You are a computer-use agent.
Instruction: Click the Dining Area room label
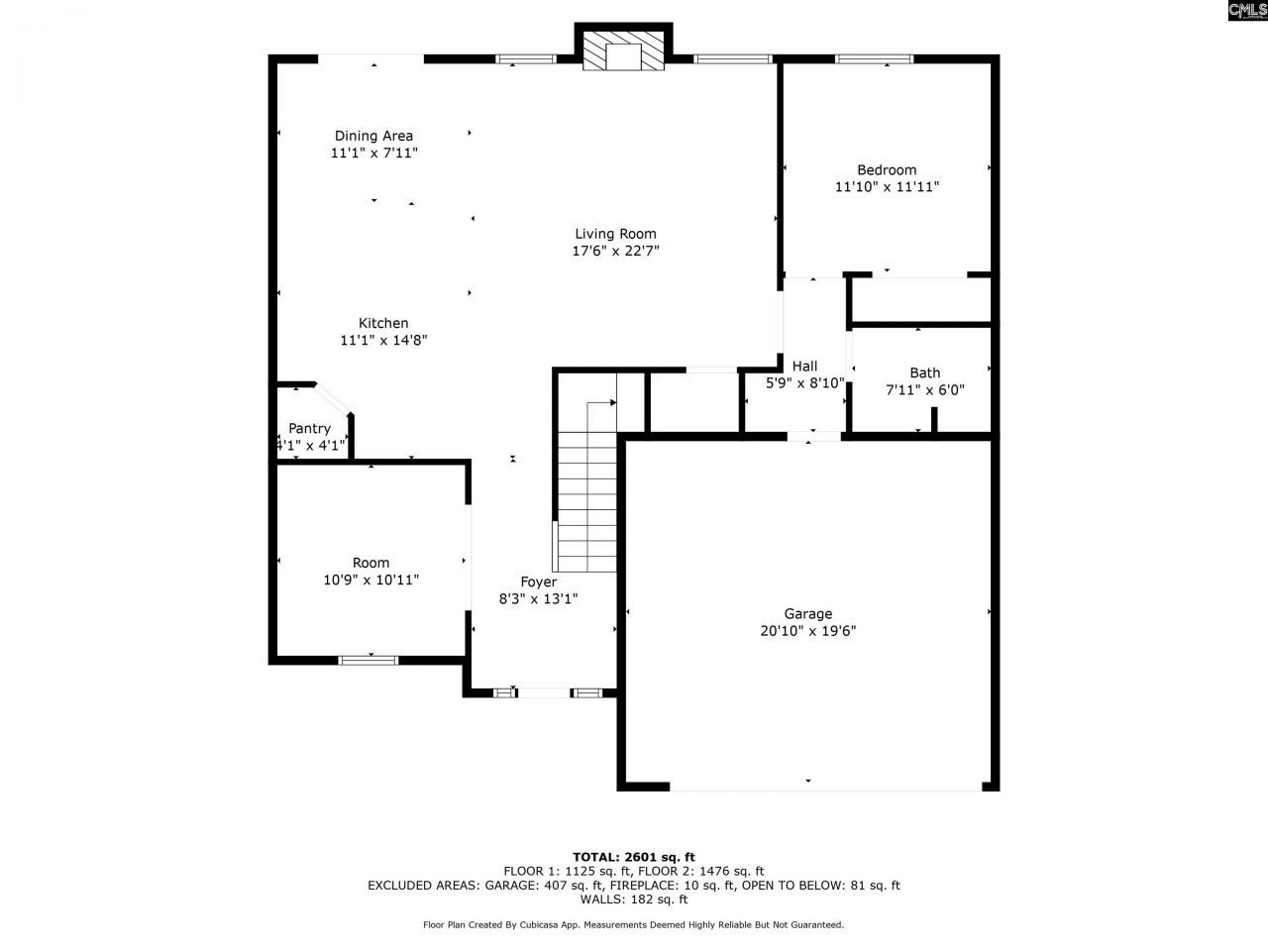click(373, 136)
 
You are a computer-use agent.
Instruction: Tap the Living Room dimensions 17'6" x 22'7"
click(615, 252)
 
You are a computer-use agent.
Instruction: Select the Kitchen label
click(383, 323)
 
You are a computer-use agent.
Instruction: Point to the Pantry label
click(309, 428)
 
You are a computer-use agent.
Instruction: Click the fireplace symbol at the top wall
click(623, 52)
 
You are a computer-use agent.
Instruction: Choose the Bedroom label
click(887, 169)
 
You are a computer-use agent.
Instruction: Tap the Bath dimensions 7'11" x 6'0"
click(924, 390)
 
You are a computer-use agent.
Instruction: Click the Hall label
click(804, 366)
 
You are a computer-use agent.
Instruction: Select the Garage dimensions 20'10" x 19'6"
click(808, 631)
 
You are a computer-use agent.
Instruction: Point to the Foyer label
click(539, 581)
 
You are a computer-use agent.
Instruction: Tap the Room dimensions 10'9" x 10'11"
click(370, 581)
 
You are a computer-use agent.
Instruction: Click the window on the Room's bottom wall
click(369, 660)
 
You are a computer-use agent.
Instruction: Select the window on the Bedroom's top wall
click(874, 59)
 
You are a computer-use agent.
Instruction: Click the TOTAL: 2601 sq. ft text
click(634, 857)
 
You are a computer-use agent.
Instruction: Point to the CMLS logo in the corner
click(1246, 11)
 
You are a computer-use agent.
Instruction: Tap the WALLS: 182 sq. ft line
click(634, 899)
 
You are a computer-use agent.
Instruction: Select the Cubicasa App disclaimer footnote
click(634, 925)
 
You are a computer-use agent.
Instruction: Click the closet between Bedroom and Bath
click(921, 300)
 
